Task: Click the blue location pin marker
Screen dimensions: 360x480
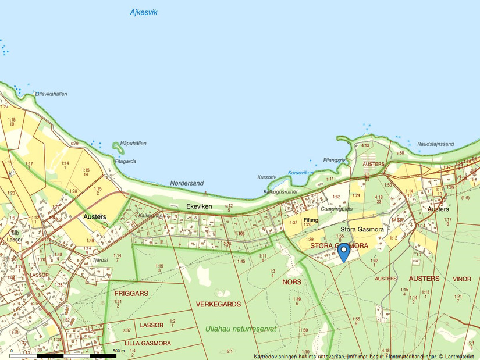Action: (344, 251)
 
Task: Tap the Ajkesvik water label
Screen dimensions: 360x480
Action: (144, 12)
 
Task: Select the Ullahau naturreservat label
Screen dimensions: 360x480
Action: (240, 329)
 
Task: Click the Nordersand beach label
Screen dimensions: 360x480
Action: (187, 183)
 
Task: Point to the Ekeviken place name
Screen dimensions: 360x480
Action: (199, 206)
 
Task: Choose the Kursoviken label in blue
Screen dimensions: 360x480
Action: (301, 173)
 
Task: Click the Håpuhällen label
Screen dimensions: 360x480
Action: (133, 144)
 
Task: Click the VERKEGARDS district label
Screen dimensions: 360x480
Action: (218, 304)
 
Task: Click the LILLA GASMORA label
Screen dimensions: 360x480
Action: (148, 343)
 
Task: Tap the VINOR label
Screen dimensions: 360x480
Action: (462, 279)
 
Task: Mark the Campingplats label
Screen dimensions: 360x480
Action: (336, 208)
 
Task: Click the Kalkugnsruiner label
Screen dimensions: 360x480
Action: (280, 191)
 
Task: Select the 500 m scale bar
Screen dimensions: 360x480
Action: (63, 355)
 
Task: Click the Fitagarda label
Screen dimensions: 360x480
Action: (126, 161)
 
